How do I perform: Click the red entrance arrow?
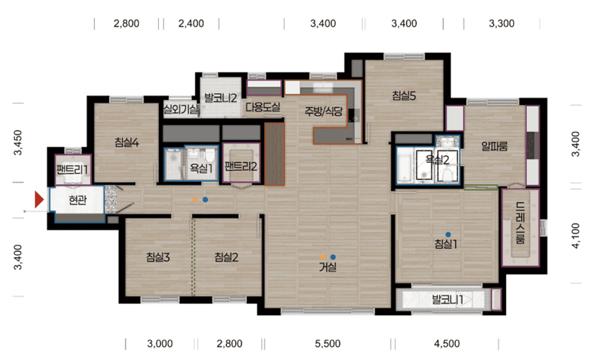coord(39,200)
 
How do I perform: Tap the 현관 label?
coord(78,200)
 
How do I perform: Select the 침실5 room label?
coord(404,96)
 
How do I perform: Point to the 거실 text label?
coord(328,267)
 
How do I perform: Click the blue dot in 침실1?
coord(448,235)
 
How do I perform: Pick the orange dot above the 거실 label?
coord(323,257)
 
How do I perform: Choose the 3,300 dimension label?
coord(502,24)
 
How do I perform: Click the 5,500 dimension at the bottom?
coord(328,344)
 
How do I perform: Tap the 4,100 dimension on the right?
coord(575,236)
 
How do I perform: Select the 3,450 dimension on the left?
coord(18,143)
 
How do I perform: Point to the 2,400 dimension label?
coord(191,24)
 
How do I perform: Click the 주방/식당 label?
coord(324,111)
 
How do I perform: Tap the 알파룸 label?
coord(495,146)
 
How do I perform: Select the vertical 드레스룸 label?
coord(520,223)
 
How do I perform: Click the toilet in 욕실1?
coord(210,155)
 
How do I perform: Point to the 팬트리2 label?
coord(241,166)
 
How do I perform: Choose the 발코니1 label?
coord(447,300)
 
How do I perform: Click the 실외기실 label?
coord(181,110)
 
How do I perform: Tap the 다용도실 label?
coord(263,107)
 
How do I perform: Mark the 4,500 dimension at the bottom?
coord(447,344)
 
